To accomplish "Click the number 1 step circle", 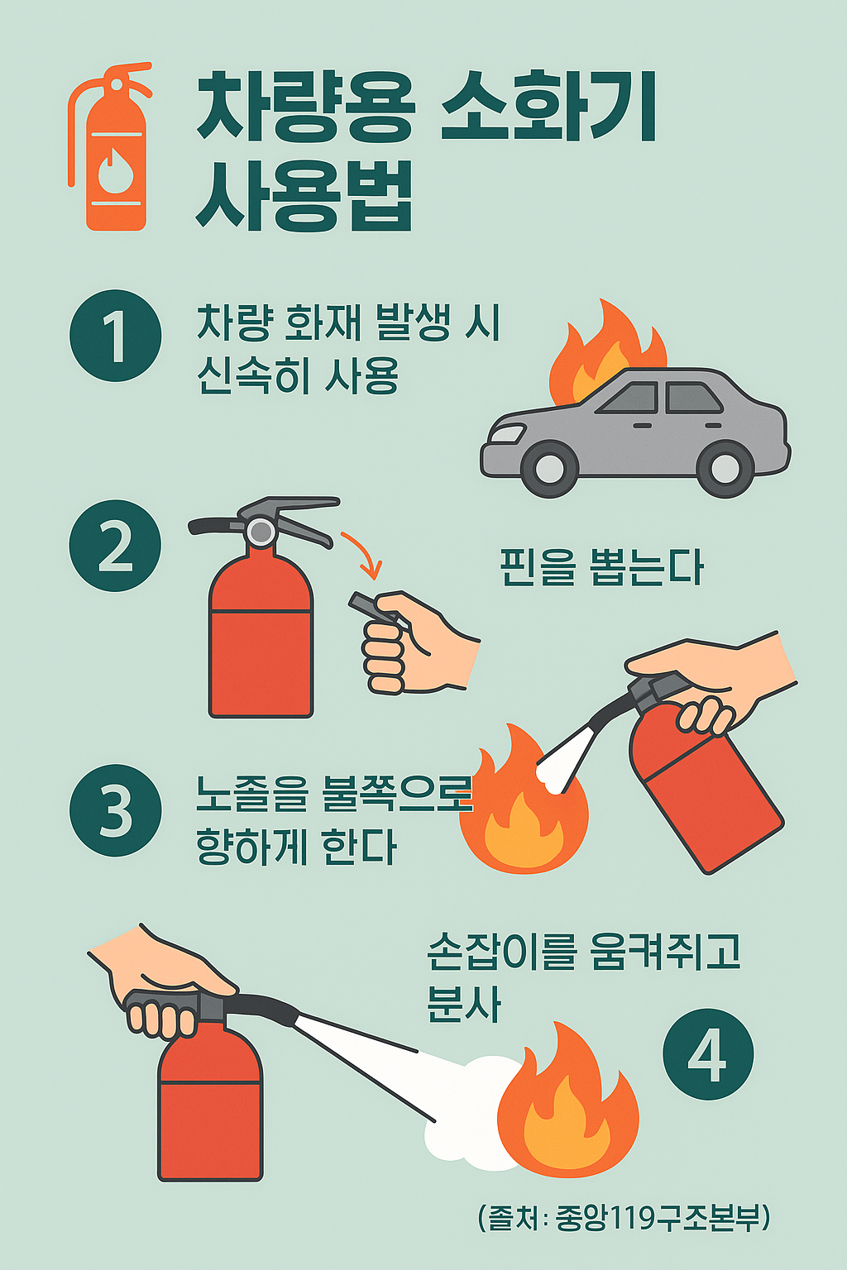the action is [x=116, y=336].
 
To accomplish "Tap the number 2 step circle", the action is [x=115, y=546].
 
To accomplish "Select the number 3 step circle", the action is [x=115, y=810].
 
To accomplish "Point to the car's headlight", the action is [x=506, y=434].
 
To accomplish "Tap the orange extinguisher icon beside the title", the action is [x=110, y=146].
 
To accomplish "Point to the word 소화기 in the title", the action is [x=548, y=107].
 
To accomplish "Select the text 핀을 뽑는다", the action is [x=601, y=567].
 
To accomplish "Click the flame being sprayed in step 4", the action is [x=568, y=1100].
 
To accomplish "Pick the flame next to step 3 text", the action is [x=523, y=800].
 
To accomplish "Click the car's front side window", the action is [x=629, y=398].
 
